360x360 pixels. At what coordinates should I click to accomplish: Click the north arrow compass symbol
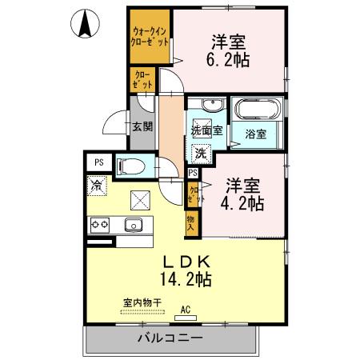[85, 23]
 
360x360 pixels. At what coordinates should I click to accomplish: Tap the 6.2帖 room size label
[228, 60]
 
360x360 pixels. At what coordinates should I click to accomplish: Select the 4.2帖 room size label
[242, 204]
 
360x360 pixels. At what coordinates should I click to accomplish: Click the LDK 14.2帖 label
[186, 270]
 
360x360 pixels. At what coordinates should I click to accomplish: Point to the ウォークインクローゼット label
[150, 37]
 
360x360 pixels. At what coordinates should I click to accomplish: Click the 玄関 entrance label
[142, 126]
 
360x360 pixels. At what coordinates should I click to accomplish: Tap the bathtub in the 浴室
[258, 109]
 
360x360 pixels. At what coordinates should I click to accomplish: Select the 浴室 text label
[256, 134]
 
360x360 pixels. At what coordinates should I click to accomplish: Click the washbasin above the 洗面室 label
[213, 105]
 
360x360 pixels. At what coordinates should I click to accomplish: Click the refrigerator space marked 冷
[97, 186]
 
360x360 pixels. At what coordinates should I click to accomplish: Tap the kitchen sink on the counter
[134, 225]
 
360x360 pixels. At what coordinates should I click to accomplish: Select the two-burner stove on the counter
[100, 226]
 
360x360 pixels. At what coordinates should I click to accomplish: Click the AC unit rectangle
[186, 318]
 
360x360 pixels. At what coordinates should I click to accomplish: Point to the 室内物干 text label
[142, 303]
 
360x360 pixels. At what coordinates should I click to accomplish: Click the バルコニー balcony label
[170, 338]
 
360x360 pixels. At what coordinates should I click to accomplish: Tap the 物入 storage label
[190, 223]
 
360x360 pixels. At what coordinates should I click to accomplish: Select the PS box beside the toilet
[99, 162]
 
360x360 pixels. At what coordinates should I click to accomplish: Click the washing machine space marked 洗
[202, 154]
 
